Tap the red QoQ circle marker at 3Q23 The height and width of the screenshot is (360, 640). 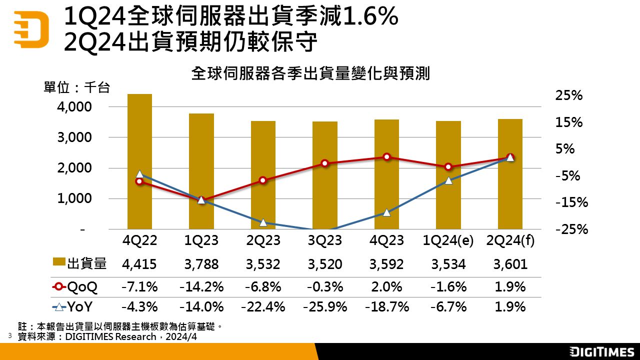[324, 163]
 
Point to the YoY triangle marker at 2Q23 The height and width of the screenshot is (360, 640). [263, 222]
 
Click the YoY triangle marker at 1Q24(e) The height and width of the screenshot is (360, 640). [448, 180]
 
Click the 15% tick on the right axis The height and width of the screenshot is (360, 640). [569, 122]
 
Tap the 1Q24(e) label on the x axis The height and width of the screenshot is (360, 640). [448, 240]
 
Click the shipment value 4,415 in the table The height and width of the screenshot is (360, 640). [139, 264]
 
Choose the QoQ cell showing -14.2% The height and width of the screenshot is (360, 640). [201, 287]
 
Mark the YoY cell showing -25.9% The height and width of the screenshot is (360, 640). [324, 306]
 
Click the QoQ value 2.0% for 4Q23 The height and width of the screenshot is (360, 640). [386, 287]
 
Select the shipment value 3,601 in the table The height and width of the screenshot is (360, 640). [510, 264]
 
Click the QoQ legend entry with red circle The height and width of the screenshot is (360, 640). [75, 287]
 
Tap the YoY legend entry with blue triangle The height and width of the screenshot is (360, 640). [75, 306]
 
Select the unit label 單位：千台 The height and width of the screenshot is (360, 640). [76, 88]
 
